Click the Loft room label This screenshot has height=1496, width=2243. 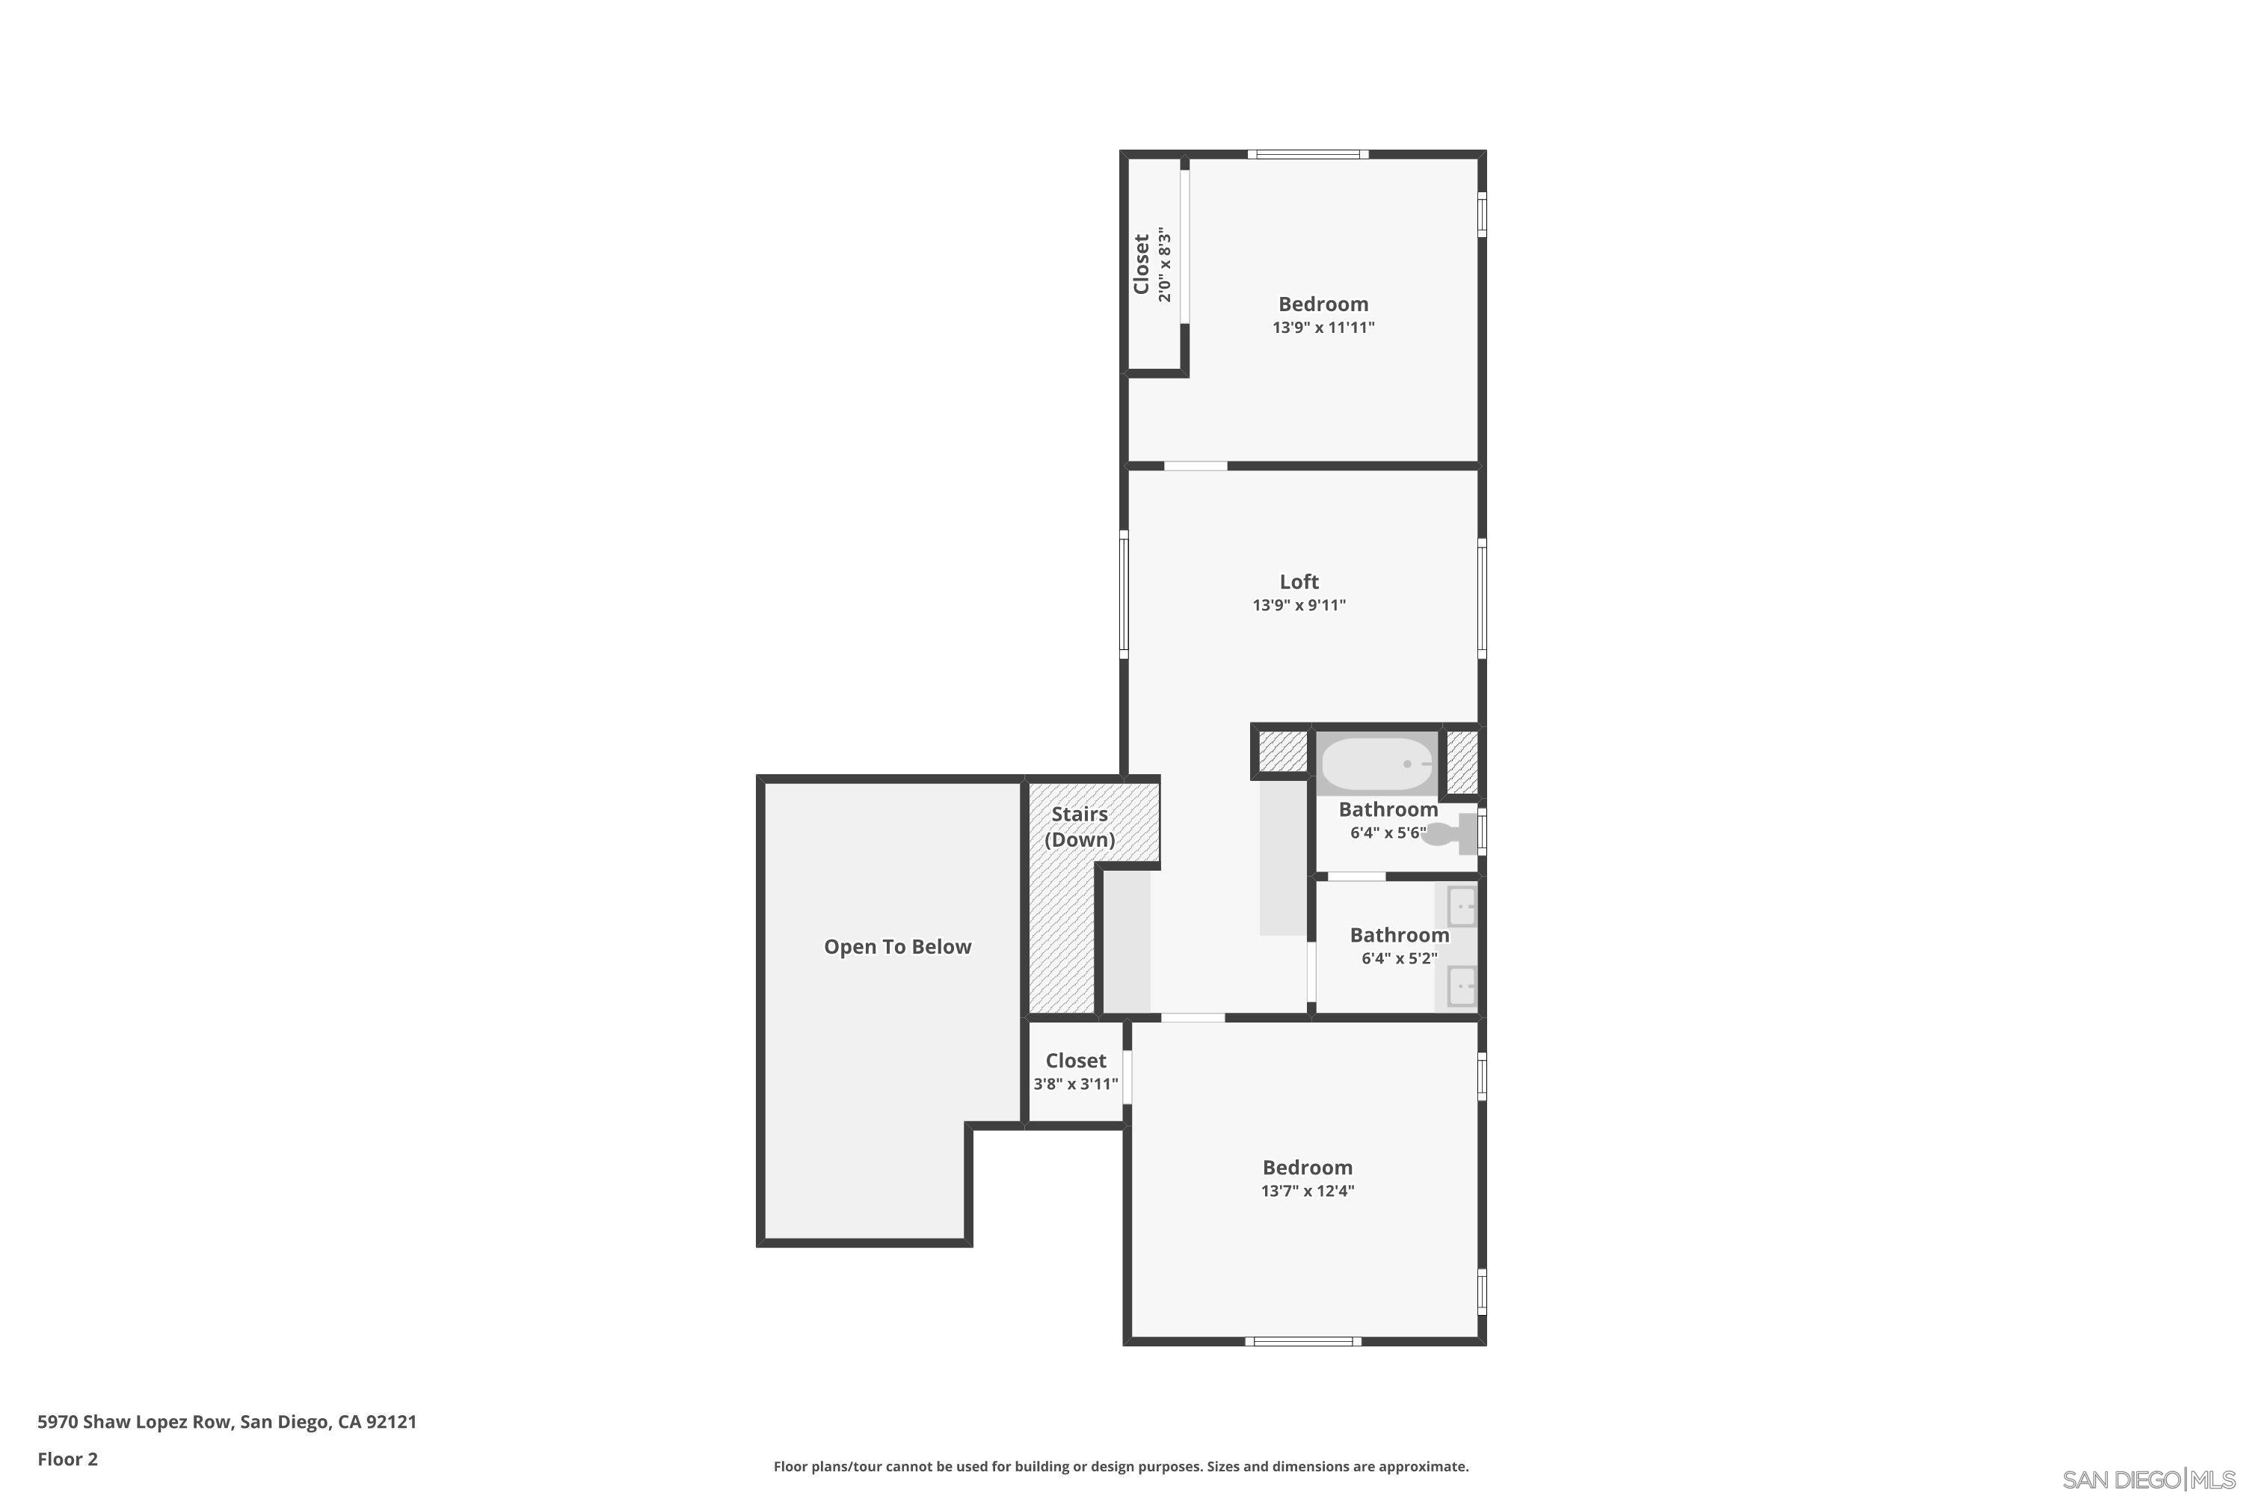(1299, 581)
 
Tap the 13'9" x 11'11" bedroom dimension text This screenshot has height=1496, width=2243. (1323, 328)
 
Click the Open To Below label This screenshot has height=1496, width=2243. (897, 946)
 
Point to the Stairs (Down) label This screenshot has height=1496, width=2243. (1080, 827)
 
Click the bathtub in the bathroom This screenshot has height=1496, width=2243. (1377, 764)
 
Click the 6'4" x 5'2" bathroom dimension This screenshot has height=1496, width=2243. (1399, 958)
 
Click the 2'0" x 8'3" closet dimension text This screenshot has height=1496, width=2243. (1164, 264)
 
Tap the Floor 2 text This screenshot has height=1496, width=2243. (68, 1459)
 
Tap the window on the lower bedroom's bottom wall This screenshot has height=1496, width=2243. (1302, 1341)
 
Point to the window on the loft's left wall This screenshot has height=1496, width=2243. (1124, 595)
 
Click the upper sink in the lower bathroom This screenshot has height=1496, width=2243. (1461, 907)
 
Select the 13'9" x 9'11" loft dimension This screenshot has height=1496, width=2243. (1299, 605)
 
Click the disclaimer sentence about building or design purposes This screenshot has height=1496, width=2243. (1121, 1466)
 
